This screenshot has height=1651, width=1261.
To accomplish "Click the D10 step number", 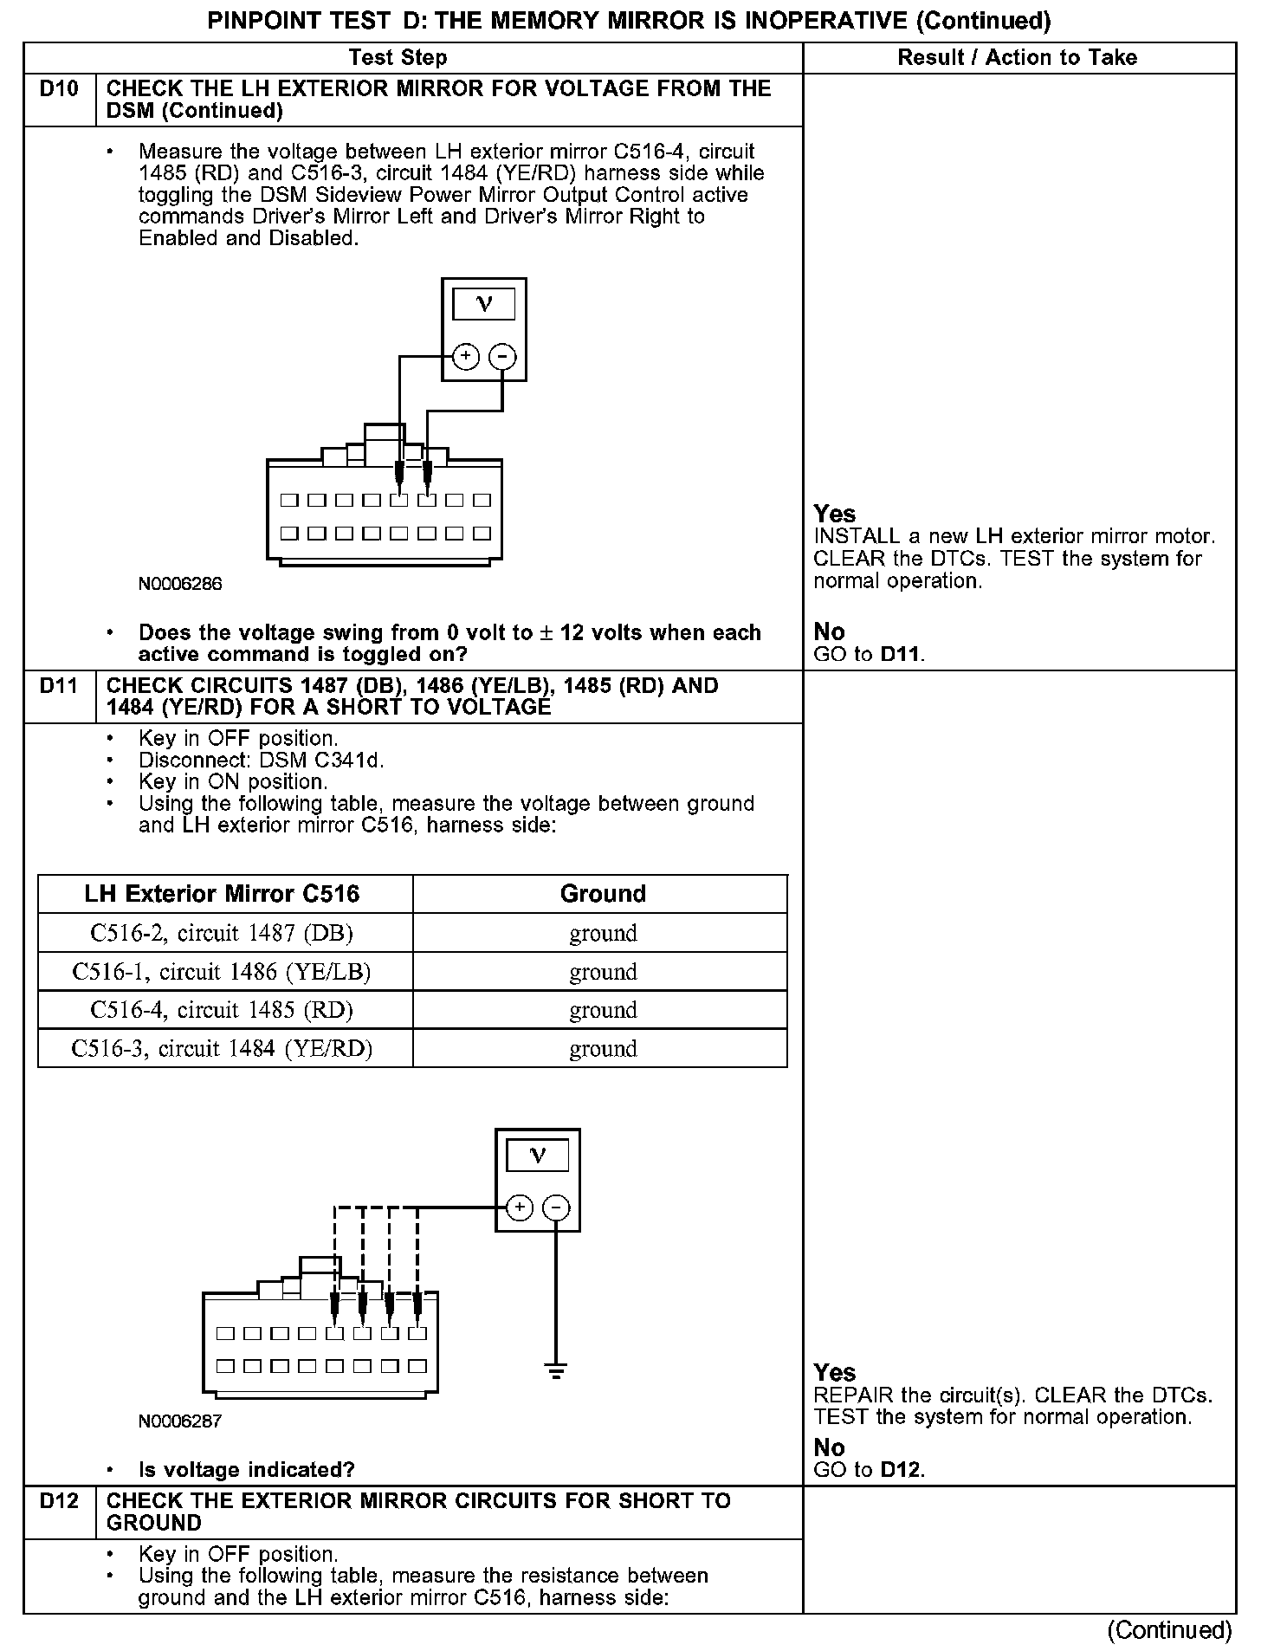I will coord(59,89).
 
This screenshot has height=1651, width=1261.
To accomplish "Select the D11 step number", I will coord(59,686).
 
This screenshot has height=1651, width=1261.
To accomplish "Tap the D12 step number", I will coord(59,1501).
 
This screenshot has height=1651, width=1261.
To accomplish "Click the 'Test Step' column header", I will coord(398,58).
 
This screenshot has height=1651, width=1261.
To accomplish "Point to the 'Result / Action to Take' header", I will coord(1017,58).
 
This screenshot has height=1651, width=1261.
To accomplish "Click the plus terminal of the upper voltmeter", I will coord(466,357).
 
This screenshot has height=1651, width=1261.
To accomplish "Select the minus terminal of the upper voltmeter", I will coord(503,357).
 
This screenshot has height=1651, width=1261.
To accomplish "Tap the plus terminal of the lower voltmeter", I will coord(519,1207).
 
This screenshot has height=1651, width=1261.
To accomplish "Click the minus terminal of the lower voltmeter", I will coord(556,1207).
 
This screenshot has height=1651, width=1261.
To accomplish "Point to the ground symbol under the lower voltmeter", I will coord(556,1371).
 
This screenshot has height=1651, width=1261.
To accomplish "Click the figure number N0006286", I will coord(180,584).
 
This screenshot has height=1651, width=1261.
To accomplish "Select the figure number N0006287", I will coord(180,1421).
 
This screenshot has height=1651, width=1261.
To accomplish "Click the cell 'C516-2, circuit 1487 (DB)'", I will coord(222,933).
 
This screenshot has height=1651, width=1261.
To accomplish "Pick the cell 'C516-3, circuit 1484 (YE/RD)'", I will coord(222,1049).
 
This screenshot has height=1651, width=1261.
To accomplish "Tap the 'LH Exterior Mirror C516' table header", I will coord(222,894).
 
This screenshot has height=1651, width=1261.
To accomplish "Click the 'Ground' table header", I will coord(603,894).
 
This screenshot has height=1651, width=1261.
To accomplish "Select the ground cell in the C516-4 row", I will coord(603,1010).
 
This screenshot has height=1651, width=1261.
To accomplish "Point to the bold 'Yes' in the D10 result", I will coord(835,514).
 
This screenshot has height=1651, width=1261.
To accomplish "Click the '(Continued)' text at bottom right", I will coord(1169,1629).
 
